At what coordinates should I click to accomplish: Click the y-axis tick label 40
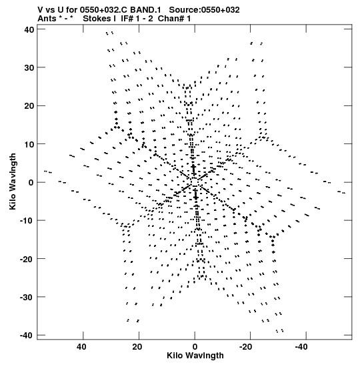pyautogui.click(x=29, y=29)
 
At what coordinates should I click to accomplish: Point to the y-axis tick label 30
pyautogui.click(x=29, y=68)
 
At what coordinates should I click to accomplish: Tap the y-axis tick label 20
pyautogui.click(x=29, y=106)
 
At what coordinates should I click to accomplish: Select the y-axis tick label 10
pyautogui.click(x=29, y=144)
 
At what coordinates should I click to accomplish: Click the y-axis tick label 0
pyautogui.click(x=31, y=183)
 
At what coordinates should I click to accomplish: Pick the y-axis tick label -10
pyautogui.click(x=27, y=220)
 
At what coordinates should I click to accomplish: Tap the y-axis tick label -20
pyautogui.click(x=27, y=259)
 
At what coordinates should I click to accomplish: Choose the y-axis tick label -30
pyautogui.click(x=27, y=297)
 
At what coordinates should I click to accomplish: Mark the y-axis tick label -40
pyautogui.click(x=27, y=336)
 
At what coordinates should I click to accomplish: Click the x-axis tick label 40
pyautogui.click(x=81, y=347)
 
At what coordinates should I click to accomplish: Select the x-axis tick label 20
pyautogui.click(x=137, y=347)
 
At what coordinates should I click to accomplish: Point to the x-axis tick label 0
pyautogui.click(x=195, y=347)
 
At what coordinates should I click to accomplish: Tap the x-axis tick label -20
pyautogui.click(x=245, y=347)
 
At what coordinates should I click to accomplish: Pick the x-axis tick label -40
pyautogui.click(x=301, y=347)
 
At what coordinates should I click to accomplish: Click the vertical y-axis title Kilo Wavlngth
pyautogui.click(x=13, y=181)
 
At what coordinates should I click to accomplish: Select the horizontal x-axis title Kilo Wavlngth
pyautogui.click(x=195, y=356)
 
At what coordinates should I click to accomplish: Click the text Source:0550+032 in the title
pyautogui.click(x=204, y=10)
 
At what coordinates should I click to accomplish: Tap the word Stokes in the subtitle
pyautogui.click(x=97, y=19)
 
